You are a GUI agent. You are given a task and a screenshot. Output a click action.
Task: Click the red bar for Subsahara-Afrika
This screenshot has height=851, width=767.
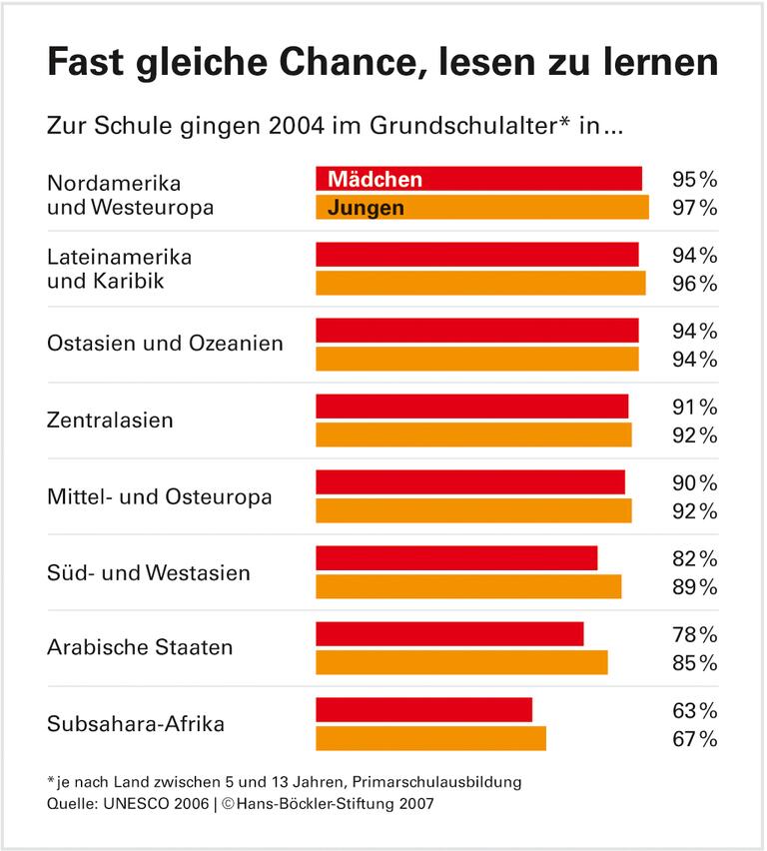(x=423, y=710)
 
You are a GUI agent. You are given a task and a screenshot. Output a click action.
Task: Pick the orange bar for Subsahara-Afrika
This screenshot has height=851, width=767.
(x=430, y=739)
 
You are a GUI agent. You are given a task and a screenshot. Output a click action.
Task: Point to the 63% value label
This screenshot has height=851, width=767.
(x=694, y=711)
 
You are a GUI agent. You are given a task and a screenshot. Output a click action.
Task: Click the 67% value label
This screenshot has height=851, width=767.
(x=694, y=740)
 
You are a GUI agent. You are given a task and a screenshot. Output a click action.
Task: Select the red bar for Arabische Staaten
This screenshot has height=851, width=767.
(x=449, y=634)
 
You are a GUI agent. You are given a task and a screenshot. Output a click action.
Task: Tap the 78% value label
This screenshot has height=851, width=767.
(x=694, y=635)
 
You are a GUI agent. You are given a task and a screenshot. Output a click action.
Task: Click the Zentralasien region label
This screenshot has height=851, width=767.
(x=110, y=421)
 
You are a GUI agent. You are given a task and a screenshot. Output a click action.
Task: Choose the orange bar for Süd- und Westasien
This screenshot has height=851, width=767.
(x=468, y=587)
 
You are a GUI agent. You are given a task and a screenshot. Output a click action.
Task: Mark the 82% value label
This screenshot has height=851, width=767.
(x=694, y=558)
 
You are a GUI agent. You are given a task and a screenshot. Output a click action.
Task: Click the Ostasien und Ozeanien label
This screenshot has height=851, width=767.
(x=165, y=344)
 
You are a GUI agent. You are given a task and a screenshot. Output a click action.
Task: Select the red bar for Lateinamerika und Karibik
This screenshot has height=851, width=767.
(x=476, y=255)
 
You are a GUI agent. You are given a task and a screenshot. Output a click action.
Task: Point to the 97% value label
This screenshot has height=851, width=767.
(x=694, y=209)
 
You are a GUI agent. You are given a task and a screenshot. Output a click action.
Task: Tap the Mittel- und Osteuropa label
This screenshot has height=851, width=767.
(x=159, y=496)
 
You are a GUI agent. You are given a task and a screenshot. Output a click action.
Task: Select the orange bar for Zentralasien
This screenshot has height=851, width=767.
(x=473, y=435)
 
